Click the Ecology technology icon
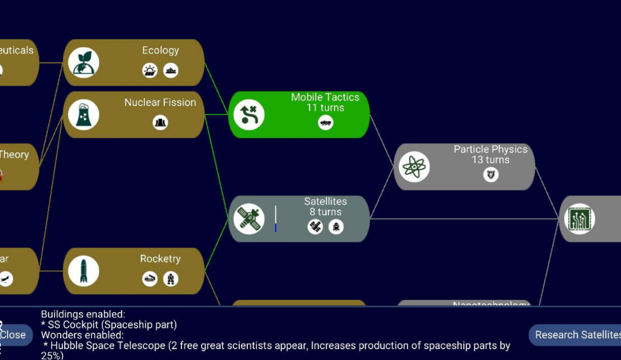(x=83, y=63)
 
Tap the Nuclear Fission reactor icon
(x=83, y=115)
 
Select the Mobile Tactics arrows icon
(x=249, y=115)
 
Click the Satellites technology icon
(x=249, y=219)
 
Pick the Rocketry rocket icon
(x=83, y=271)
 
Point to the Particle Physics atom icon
(x=414, y=167)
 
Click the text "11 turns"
(x=325, y=108)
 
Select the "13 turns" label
(x=491, y=160)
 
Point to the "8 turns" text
(x=325, y=212)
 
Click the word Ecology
(x=161, y=51)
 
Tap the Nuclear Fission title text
(x=160, y=102)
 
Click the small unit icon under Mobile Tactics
(x=326, y=123)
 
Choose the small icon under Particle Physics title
(x=491, y=175)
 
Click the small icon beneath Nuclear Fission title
(x=161, y=123)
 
